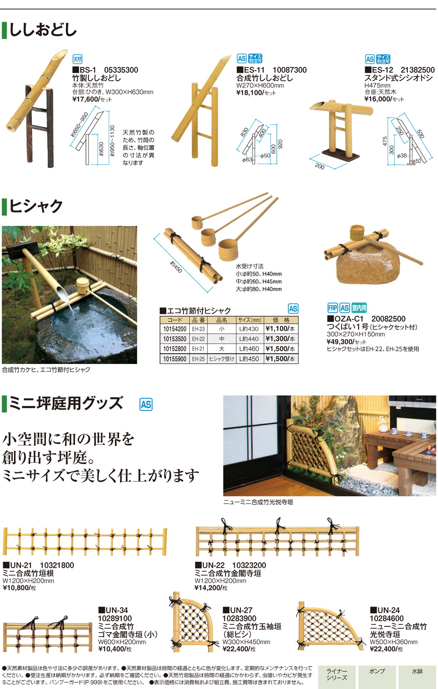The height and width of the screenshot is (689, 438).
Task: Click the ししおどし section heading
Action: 42,30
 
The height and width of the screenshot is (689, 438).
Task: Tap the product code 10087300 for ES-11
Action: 290,70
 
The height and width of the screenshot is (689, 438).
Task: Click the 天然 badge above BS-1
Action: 77,59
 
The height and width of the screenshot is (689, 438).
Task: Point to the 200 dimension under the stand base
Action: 320,166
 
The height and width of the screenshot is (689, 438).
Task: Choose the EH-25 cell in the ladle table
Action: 198,359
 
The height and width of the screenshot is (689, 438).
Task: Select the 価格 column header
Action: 281,320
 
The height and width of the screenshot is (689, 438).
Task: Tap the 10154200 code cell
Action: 174,329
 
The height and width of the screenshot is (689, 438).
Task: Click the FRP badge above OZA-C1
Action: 332,308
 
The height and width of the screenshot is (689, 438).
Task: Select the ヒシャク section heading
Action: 36,206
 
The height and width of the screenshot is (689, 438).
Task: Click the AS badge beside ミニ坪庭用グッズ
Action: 145,405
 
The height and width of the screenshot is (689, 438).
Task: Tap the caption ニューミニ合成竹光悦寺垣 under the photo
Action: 258,502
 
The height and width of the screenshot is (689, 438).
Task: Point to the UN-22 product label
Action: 210,565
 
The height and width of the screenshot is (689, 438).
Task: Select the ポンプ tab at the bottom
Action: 377,672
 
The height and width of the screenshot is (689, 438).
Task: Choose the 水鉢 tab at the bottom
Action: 417,672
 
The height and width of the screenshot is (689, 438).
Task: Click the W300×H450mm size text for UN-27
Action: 246,642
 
